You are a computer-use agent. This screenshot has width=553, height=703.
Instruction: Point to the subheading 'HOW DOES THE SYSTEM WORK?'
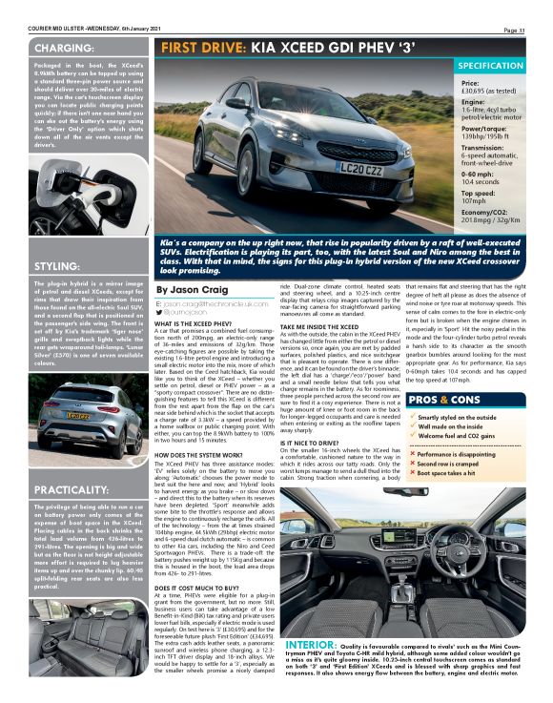click(201, 456)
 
